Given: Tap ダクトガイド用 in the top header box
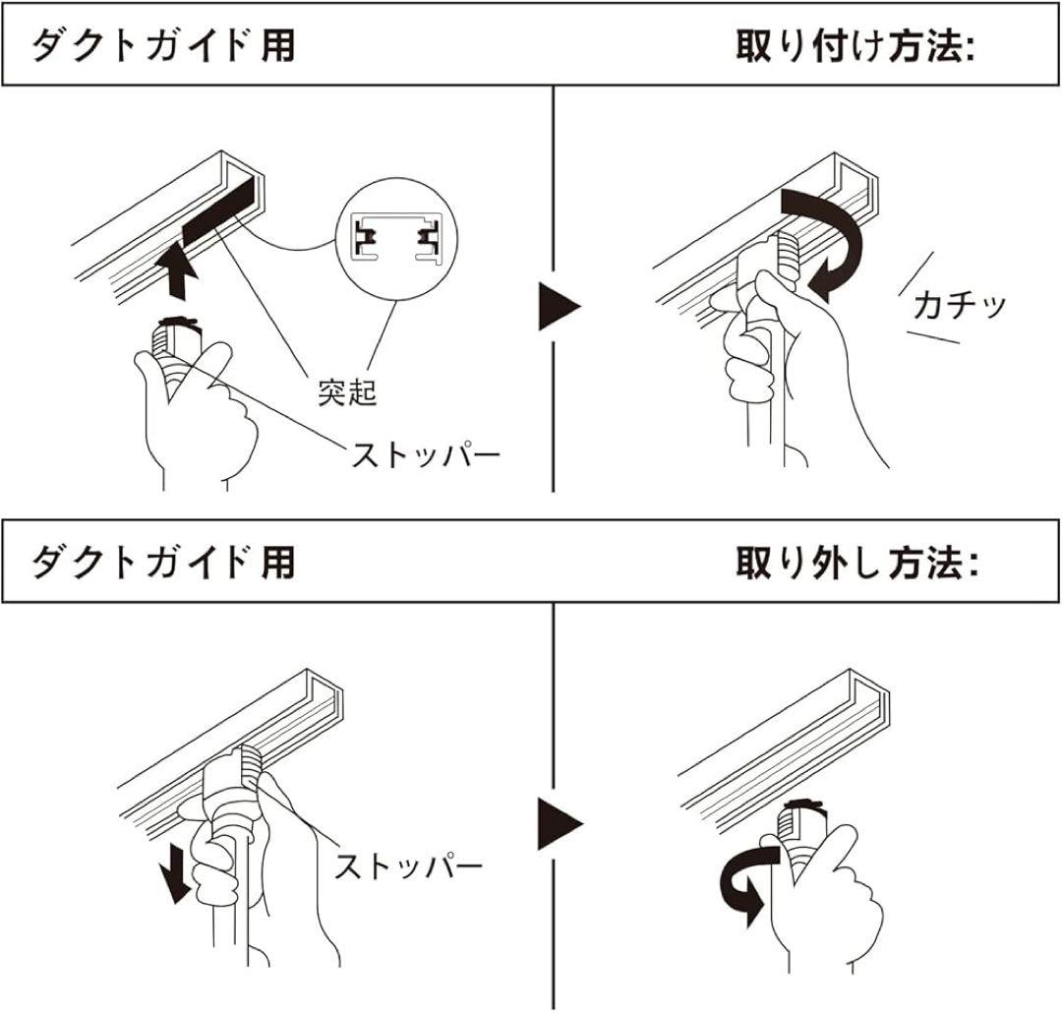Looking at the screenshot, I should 163,46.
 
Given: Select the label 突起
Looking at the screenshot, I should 346,391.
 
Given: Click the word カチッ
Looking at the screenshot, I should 959,306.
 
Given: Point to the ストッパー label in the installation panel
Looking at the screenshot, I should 426,455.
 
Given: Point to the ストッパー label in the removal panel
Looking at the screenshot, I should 408,866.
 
